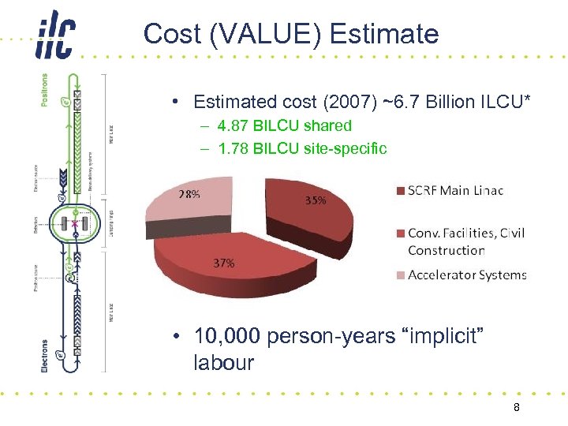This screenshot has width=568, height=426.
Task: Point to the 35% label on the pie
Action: [316, 200]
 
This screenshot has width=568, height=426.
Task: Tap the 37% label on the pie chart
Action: [223, 263]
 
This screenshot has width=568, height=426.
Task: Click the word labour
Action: [223, 363]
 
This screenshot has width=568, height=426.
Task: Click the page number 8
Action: [516, 407]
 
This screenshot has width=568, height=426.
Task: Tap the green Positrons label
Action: [43, 91]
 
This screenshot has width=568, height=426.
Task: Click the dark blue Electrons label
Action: [43, 356]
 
